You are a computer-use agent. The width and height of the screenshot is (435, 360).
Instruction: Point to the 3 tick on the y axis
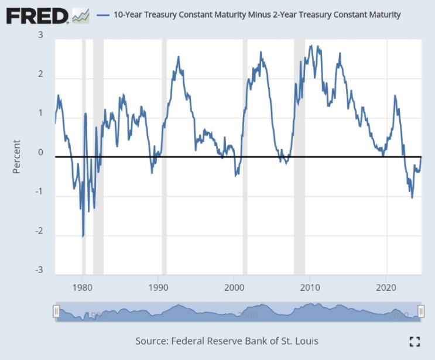pos(40,35)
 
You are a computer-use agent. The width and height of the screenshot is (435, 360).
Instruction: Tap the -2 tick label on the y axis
pos(39,231)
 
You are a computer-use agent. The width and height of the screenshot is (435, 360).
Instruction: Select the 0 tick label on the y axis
pos(40,153)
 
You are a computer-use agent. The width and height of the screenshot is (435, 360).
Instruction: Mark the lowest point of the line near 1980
pos(83,236)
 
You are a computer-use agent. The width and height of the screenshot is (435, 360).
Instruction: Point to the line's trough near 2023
pos(412,198)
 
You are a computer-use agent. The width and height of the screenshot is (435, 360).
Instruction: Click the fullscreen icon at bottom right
pos(415,341)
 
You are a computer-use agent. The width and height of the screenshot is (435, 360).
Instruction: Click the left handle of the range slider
pos(56,311)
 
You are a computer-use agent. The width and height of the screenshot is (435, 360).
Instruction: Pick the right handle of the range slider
pos(420,311)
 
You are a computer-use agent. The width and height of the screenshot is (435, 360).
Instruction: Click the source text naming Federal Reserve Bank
pos(227,341)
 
